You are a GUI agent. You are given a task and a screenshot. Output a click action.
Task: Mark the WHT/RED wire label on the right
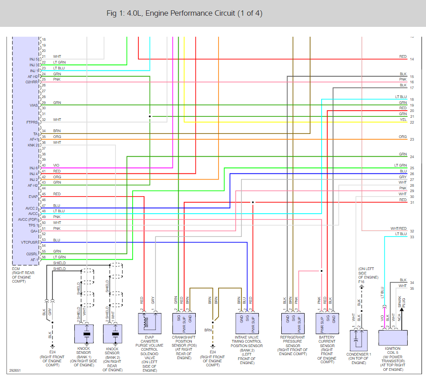tap(398, 229)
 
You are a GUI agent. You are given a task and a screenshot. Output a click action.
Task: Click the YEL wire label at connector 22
tap(403, 120)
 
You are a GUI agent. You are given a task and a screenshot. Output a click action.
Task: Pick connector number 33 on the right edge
tap(412, 237)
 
